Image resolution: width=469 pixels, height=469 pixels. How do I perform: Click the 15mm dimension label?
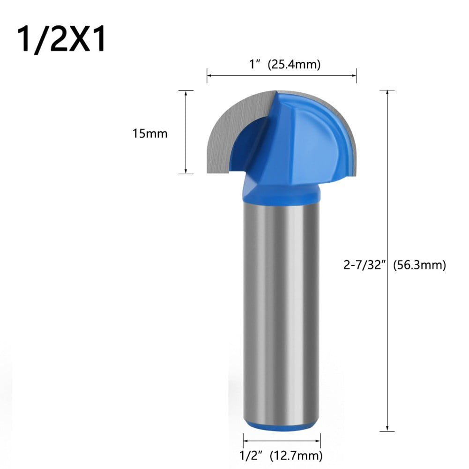tap(149, 134)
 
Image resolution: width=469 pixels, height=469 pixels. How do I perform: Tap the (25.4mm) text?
tap(294, 65)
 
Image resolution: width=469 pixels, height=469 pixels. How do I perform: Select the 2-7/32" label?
tap(364, 265)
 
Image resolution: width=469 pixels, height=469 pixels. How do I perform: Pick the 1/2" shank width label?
tap(253, 454)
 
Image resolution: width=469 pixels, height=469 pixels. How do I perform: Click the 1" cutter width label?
tap(255, 65)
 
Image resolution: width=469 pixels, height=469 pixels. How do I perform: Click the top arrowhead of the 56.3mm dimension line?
tap(387, 93)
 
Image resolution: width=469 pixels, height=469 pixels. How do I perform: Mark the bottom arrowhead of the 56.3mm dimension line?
tap(387, 428)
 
